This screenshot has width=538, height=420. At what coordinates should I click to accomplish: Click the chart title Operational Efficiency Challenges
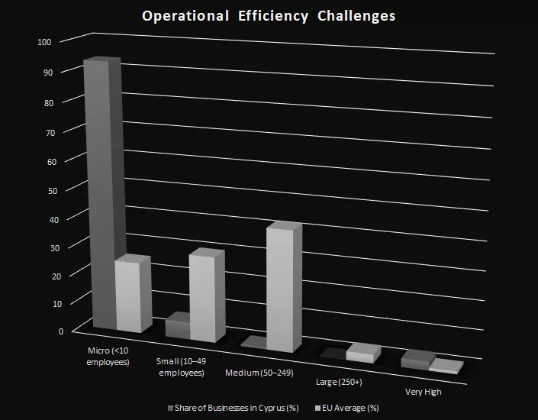click(269, 16)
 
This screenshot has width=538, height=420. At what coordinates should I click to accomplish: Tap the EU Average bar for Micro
click(127, 296)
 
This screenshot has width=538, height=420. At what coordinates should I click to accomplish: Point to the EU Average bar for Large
click(359, 355)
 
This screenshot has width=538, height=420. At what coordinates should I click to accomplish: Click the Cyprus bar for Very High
click(416, 360)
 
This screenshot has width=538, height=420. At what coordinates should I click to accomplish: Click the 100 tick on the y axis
click(43, 41)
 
